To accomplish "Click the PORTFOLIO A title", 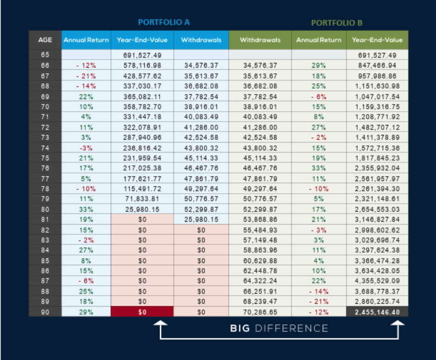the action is coord(164,22).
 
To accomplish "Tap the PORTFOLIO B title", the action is coord(337,23).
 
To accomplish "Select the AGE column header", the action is coord(45,40).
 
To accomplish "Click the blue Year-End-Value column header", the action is coord(142,40).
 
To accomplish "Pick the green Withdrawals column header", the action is coord(260,40).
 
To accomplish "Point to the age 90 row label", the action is coord(45,312).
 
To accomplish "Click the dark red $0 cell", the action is coord(142,312).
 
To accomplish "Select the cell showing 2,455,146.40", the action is coord(377,312).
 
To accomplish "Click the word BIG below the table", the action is coord(240,328).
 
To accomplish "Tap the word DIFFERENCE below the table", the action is coord(291,328).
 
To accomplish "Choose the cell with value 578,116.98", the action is coord(142,66).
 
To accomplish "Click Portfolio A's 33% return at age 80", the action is coord(86,209).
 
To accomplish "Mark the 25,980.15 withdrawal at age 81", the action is coord(201,220).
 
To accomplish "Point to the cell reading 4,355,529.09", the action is coord(377,281).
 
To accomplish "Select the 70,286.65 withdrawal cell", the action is coord(260,312).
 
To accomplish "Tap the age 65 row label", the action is coord(45,54).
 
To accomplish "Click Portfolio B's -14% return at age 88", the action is coord(319,291).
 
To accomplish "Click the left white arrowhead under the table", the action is coord(160,323).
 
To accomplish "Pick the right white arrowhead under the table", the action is coord(398,323).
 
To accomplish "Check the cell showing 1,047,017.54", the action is coord(377,97).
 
